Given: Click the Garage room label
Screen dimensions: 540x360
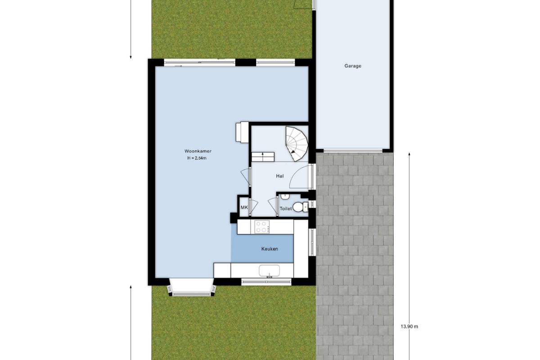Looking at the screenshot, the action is coord(353,66).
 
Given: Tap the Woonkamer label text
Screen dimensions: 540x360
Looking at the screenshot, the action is coord(198,151).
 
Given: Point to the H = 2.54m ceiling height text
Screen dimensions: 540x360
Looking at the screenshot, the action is coord(197,158).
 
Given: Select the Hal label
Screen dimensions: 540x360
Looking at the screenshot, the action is coord(279,176).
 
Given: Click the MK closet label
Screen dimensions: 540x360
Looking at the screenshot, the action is coord(244,207).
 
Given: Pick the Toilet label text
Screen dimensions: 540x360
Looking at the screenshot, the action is coord(286,208).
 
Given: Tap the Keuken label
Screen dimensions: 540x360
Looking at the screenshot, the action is coord(270,249).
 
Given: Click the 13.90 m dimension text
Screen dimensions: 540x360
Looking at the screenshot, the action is coord(409,327).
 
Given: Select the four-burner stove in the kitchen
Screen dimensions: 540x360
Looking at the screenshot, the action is coord(262,227).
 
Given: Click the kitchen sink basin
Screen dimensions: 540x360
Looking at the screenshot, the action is coord(269,271).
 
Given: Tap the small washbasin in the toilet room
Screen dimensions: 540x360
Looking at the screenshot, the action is coord(285,196).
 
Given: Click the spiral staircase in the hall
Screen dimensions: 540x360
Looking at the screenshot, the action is coord(297,144).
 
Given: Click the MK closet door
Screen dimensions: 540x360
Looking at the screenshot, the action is coord(253,207).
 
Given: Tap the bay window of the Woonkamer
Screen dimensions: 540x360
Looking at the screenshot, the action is coord(191,287).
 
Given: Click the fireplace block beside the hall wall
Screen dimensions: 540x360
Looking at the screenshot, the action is coord(242,132).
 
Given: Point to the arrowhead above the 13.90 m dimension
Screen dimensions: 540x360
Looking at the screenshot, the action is coord(409,154).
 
